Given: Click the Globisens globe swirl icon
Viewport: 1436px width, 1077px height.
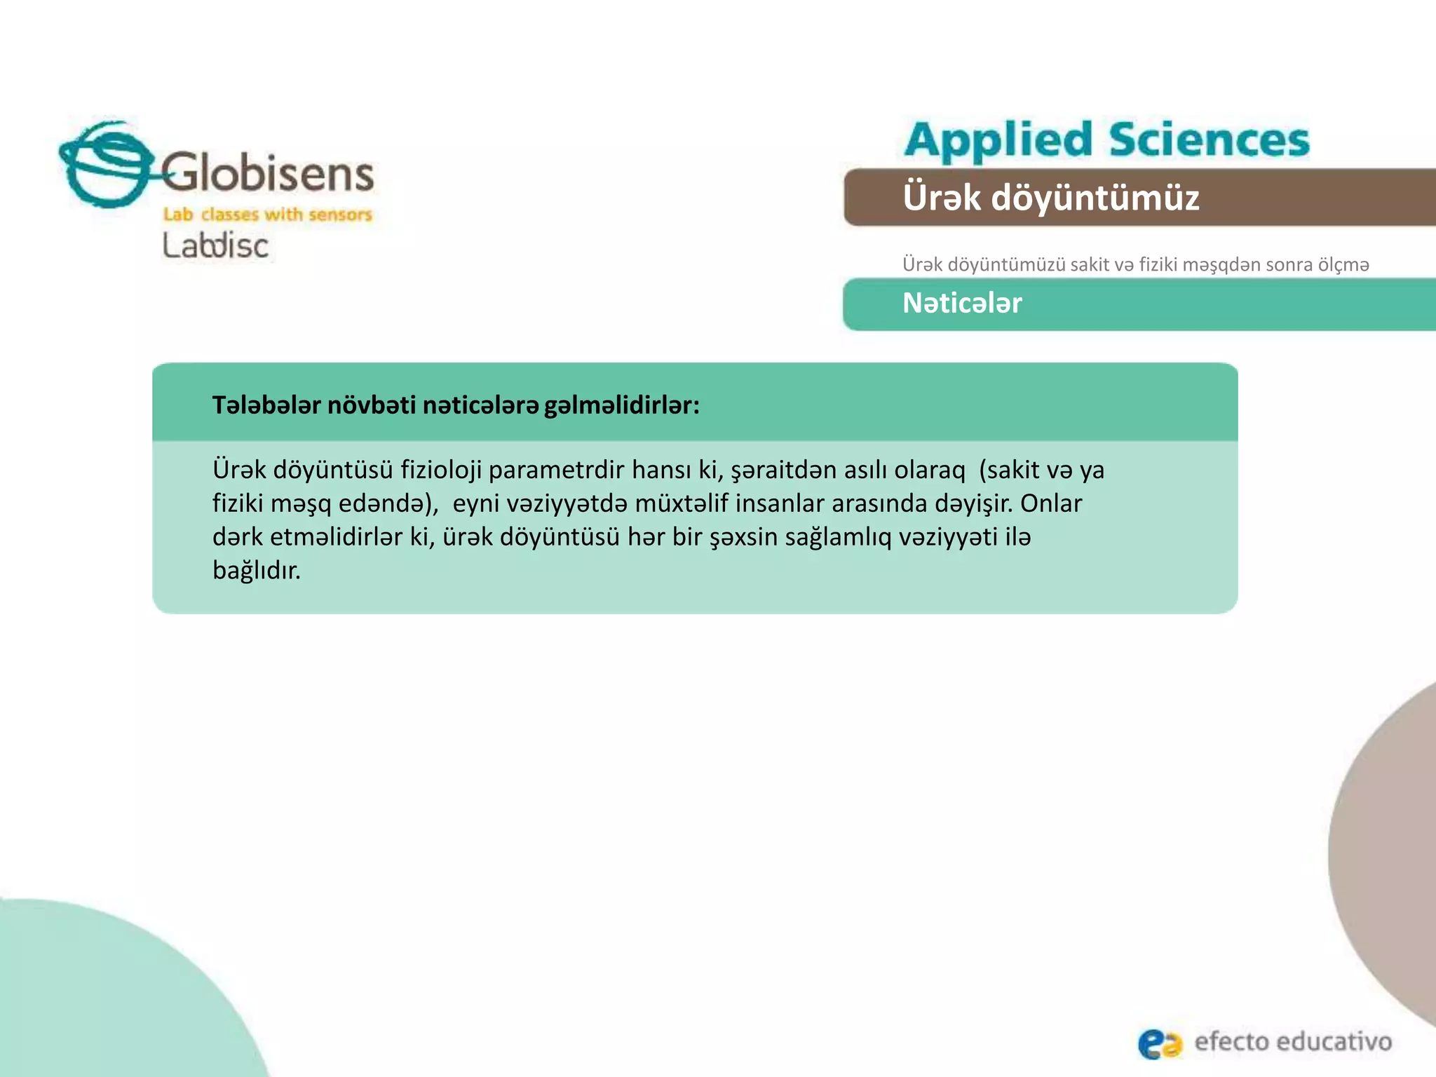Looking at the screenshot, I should [105, 165].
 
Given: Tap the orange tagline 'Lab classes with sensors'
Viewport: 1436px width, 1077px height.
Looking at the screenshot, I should [267, 215].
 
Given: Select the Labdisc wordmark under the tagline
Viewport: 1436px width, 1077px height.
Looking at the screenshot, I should [215, 246].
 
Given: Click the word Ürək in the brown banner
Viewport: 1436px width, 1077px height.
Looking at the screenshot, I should [942, 197].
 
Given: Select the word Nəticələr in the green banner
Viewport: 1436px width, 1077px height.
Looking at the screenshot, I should [962, 303].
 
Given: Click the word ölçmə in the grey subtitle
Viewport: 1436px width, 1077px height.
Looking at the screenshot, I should [1343, 265].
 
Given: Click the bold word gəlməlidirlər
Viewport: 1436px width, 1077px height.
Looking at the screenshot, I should [621, 405].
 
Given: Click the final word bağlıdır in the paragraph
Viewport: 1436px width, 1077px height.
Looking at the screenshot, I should [256, 570].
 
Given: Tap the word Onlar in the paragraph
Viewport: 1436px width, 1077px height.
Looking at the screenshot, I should [1051, 503].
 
